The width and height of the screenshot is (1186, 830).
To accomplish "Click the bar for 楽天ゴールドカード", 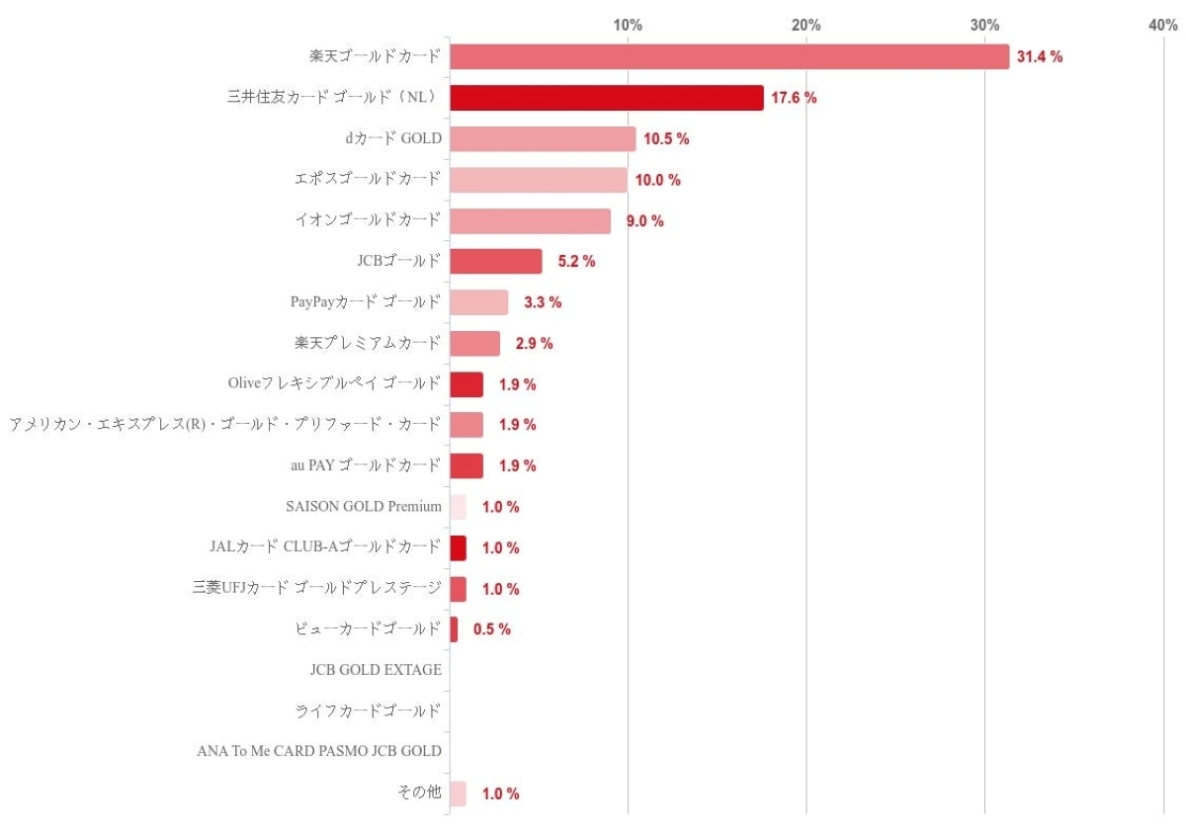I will click(x=729, y=57).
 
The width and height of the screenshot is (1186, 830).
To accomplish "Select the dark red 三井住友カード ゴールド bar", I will click(x=607, y=98).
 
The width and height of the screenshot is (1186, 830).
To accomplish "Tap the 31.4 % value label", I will click(x=1040, y=57).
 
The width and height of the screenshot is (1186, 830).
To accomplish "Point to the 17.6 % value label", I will click(x=794, y=98).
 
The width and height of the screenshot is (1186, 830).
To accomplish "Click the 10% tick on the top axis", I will click(x=629, y=25).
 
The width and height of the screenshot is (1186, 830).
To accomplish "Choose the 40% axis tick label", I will click(x=1162, y=25).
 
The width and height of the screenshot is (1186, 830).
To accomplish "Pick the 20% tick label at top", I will click(x=806, y=25).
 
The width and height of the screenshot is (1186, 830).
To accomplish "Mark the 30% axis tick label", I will click(x=984, y=25).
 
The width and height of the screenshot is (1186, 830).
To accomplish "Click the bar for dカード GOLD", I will click(x=543, y=139).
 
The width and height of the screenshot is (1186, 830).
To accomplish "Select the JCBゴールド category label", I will click(x=399, y=262).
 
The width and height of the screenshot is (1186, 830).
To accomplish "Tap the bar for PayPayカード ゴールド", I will click(x=479, y=302).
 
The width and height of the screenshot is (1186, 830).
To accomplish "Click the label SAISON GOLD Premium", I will click(x=363, y=507).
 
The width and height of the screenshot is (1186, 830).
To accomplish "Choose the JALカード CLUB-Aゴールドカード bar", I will click(x=458, y=548).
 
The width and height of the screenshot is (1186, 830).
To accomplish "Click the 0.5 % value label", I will click(x=491, y=629).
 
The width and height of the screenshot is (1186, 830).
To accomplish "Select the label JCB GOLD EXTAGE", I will click(x=376, y=670).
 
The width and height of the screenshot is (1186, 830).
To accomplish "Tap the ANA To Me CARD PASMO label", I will click(x=319, y=752).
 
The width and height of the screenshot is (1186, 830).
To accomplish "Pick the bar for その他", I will click(x=458, y=793).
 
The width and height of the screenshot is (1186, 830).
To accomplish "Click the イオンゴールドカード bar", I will click(x=530, y=221).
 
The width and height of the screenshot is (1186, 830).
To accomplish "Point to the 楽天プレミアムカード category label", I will click(x=368, y=344).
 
